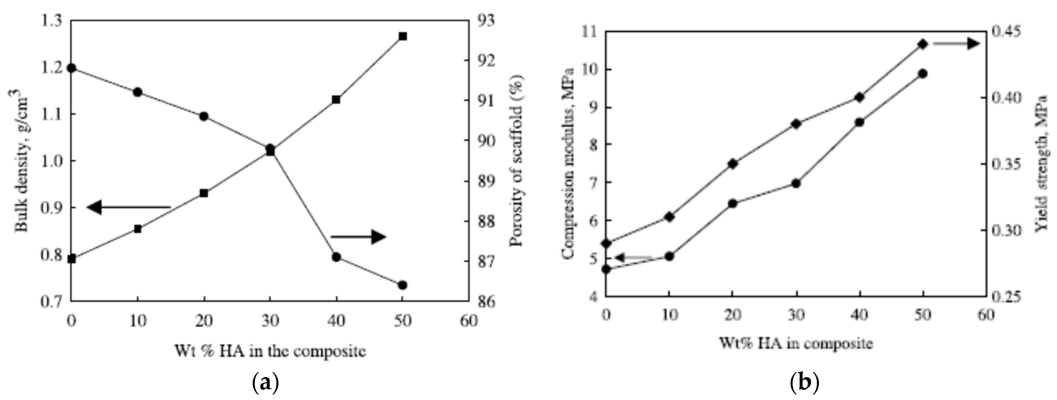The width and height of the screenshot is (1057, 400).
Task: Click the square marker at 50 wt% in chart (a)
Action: coord(403,37)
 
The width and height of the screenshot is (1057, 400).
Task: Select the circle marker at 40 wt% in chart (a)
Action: coord(336,257)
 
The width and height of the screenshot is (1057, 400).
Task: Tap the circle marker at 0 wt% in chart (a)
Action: coord(72,68)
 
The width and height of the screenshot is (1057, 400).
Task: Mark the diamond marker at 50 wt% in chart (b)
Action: coord(923,44)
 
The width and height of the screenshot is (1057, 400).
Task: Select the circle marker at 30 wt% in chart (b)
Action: coord(796,184)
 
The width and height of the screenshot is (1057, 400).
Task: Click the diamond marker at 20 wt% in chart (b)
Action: coord(732,164)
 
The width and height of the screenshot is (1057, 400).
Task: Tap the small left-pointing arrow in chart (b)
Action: coord(633,258)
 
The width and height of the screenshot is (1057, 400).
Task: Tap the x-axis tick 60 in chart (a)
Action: coord(469,321)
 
